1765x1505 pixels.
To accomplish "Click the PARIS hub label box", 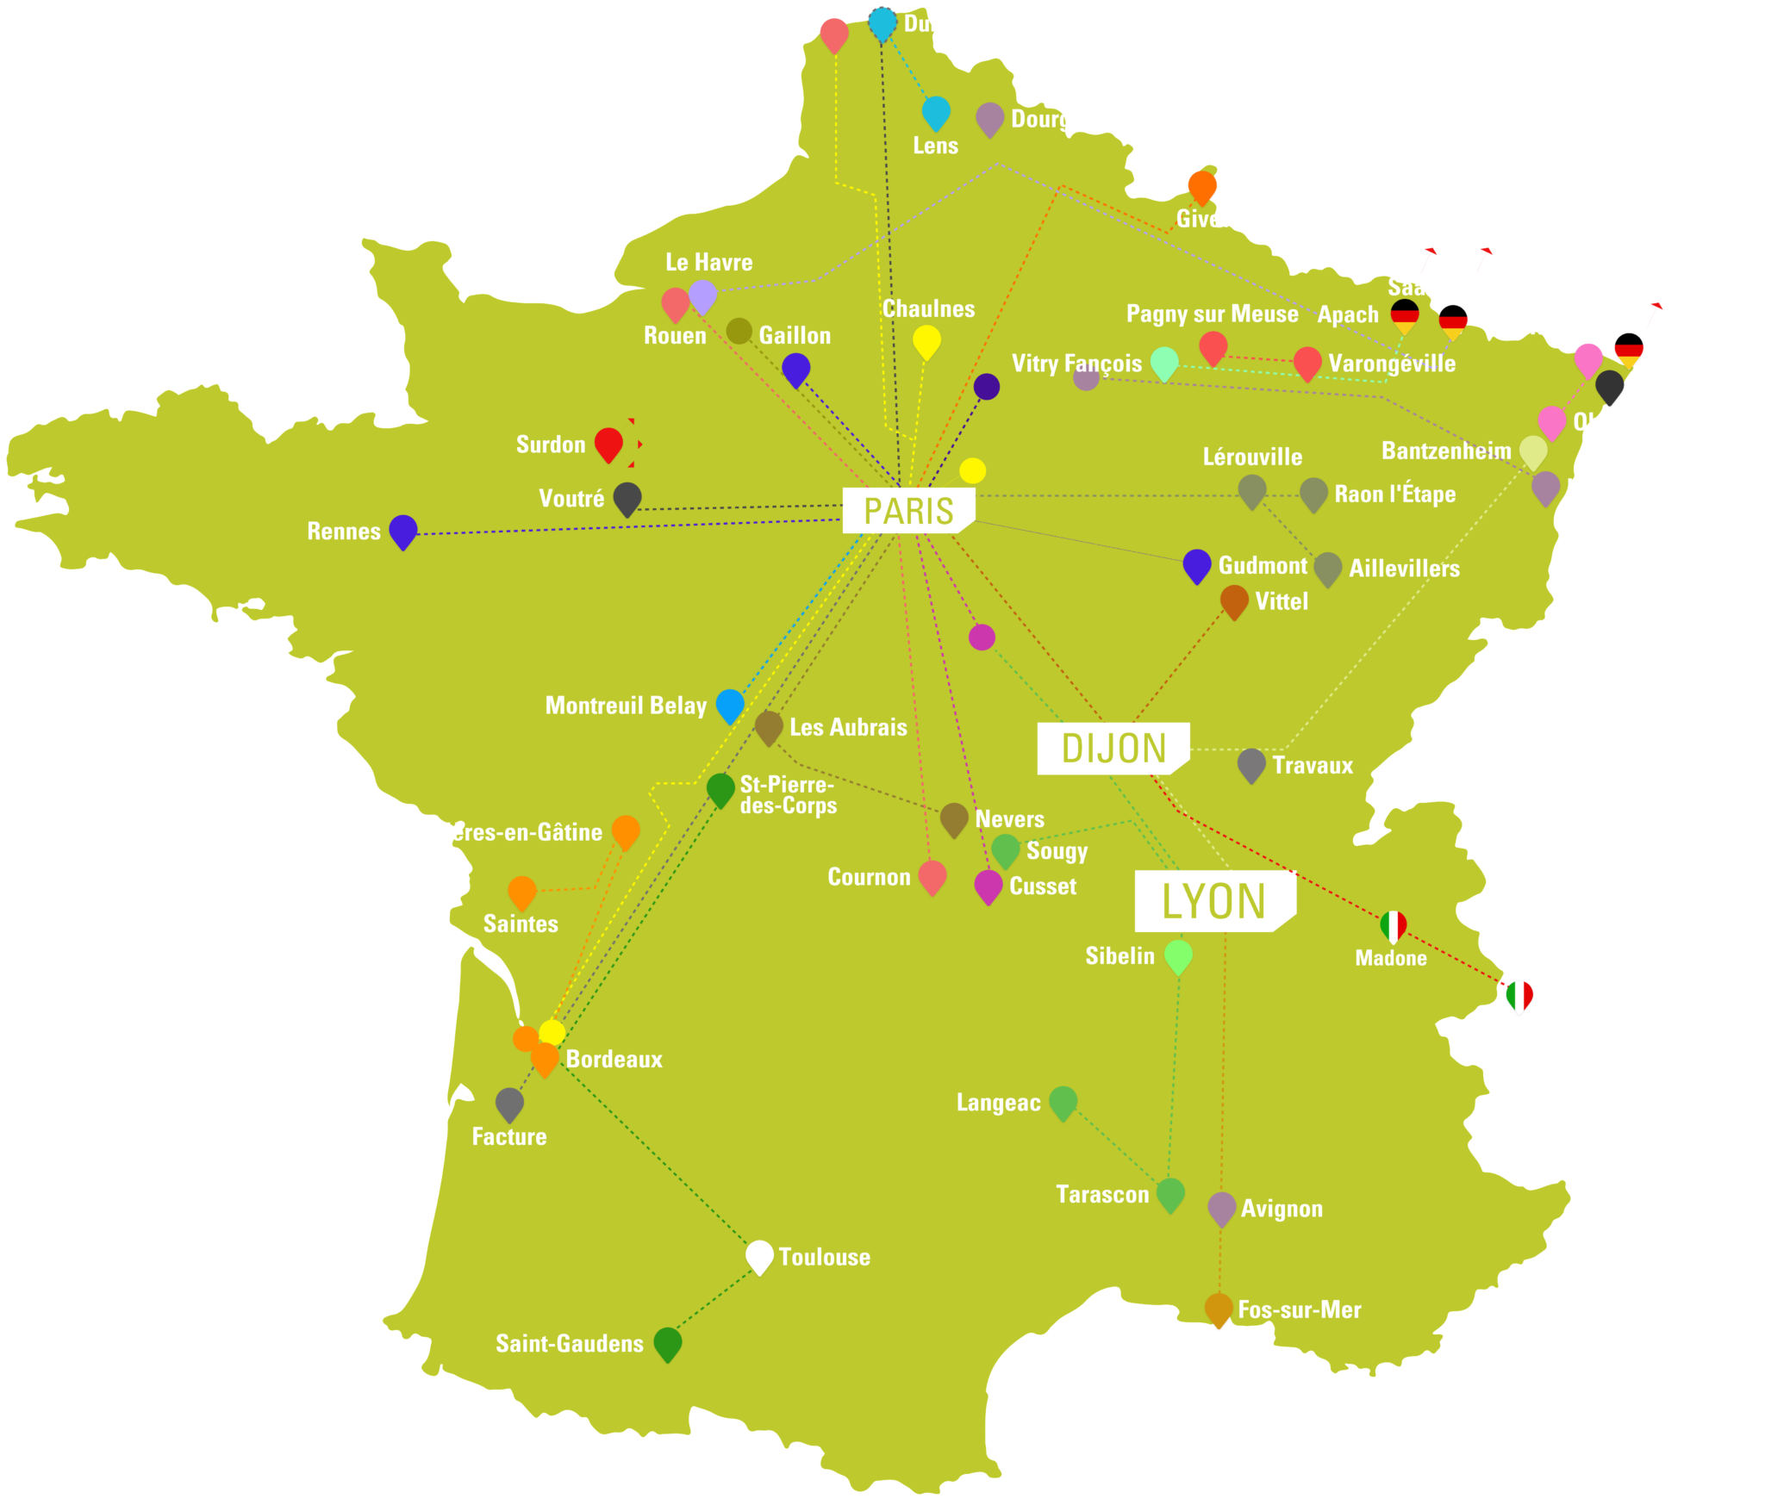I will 908,511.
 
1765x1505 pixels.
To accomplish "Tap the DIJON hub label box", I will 1113,748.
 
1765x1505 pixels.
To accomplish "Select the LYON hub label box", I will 1213,901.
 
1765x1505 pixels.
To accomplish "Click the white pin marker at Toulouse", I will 759,1255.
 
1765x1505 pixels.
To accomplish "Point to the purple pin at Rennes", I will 403,530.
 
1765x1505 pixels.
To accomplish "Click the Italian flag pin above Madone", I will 1393,925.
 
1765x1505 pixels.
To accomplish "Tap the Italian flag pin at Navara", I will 1519,995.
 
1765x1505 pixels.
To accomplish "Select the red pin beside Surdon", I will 608,443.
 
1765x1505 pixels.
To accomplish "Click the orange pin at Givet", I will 1202,185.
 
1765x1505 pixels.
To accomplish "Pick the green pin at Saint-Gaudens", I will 668,1342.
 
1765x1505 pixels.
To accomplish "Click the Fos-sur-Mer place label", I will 1299,1310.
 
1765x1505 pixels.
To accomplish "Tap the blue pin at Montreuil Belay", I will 730,704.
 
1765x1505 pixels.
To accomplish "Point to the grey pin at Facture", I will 509,1103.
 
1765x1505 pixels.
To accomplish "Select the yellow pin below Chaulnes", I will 926,340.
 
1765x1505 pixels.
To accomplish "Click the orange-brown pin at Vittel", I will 1234,600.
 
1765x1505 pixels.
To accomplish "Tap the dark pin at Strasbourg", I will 1609,385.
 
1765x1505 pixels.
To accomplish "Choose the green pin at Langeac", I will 1063,1101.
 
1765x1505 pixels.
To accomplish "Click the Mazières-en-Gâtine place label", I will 502,832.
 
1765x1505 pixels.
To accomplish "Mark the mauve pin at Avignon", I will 1221,1207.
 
